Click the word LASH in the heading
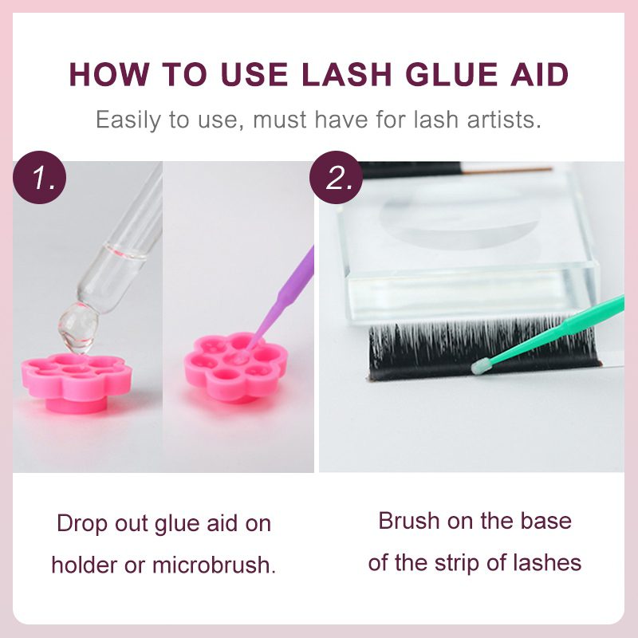tap(347, 74)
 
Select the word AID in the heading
tap(540, 74)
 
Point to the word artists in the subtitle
tap(504, 120)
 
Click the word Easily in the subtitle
tap(128, 120)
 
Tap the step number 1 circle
tap(39, 177)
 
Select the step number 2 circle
tap(336, 177)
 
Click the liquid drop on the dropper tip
tap(77, 328)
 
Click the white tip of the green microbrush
tap(479, 367)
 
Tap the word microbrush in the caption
tap(214, 565)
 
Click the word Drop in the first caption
tap(83, 524)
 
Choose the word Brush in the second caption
tap(409, 521)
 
